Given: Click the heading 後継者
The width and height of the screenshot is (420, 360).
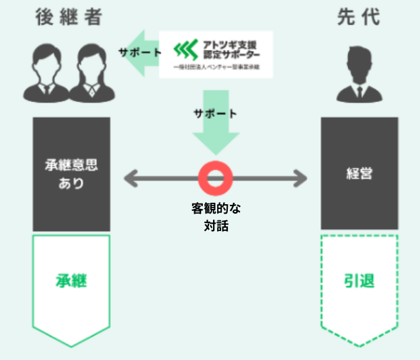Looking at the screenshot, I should [70, 18].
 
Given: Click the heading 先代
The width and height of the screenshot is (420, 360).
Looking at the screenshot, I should [359, 18].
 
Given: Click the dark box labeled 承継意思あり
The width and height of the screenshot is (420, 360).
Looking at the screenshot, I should [71, 174].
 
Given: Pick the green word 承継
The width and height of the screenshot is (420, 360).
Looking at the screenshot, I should [71, 281].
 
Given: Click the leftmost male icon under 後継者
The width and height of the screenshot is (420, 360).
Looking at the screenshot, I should [44, 72].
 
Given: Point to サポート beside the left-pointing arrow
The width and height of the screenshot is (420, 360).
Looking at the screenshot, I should [140, 52].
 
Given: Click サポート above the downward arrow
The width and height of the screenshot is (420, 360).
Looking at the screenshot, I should [215, 113].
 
